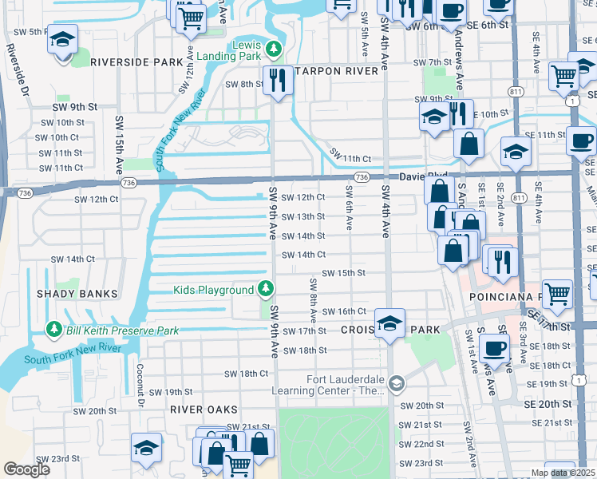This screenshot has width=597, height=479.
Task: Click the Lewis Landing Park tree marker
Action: coord(275,49)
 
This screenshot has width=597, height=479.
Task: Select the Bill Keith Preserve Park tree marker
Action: coord(54,330)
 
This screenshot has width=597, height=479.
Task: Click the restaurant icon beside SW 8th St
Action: coord(278,80)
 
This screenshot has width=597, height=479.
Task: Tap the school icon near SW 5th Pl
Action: coord(61,40)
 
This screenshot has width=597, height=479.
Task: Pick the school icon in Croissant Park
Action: coord(389,323)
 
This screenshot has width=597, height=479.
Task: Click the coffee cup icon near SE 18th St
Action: coord(496,349)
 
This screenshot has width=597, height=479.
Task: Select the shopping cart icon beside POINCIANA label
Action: coord(557,295)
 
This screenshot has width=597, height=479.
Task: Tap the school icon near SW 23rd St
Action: coord(146,447)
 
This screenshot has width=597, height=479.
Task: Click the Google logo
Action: coord(26,469)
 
